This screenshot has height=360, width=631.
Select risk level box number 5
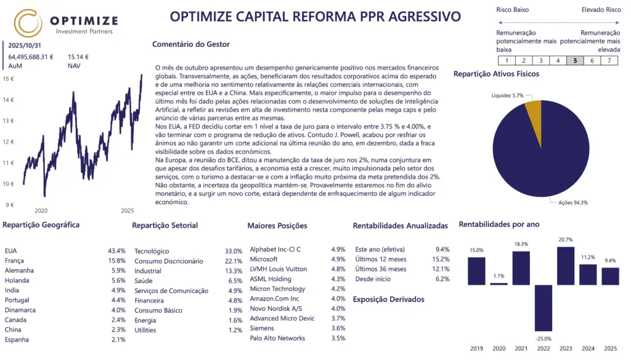[x=575, y=60]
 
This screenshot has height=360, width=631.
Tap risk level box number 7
[x=609, y=60]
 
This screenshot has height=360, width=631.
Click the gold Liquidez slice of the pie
[x=533, y=111]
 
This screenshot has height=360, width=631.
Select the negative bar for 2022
[x=543, y=308]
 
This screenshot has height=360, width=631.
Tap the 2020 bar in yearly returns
[x=499, y=284]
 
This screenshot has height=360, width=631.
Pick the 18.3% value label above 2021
[x=521, y=244]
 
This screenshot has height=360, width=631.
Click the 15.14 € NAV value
[x=78, y=57]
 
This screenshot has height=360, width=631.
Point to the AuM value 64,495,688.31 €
[x=31, y=57]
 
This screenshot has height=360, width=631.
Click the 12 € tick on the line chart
[x=9, y=142]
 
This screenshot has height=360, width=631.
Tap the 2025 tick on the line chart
[x=128, y=211]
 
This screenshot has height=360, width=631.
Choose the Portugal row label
[x=17, y=300]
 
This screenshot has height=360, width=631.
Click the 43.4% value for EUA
[x=116, y=251]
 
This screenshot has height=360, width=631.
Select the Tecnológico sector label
[x=152, y=252]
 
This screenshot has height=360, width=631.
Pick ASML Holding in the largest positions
[x=271, y=279]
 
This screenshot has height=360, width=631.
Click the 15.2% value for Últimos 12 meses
[x=441, y=260]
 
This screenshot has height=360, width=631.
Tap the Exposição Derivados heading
[x=389, y=300]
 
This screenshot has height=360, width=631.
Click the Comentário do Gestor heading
[x=190, y=44]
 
